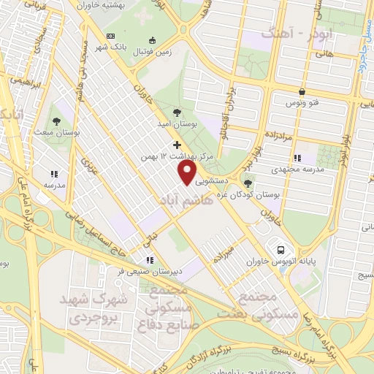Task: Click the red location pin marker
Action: [x=188, y=172]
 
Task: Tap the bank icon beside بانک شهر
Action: [x=110, y=36]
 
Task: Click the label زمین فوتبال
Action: [x=151, y=53]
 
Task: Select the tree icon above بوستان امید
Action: [x=177, y=112]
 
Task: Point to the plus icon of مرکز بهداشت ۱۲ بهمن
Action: [x=177, y=145]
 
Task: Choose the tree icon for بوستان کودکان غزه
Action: [x=248, y=183]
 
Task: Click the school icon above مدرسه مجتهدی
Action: [x=297, y=157]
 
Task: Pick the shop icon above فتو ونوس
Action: [x=301, y=91]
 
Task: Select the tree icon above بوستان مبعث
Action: [x=57, y=121]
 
